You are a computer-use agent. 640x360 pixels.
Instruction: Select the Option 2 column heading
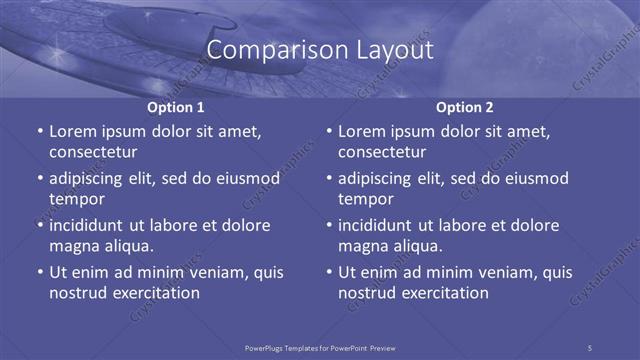pyautogui.click(x=465, y=107)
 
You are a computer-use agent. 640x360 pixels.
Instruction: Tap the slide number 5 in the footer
pyautogui.click(x=590, y=347)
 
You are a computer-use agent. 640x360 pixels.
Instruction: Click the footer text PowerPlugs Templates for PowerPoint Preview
pyautogui.click(x=320, y=347)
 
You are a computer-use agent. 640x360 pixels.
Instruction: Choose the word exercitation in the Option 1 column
pyautogui.click(x=155, y=293)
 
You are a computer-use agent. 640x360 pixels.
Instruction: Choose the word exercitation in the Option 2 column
pyautogui.click(x=444, y=293)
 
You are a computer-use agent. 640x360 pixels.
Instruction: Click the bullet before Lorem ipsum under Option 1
pyautogui.click(x=40, y=131)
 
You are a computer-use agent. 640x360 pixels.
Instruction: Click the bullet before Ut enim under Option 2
pyautogui.click(x=329, y=272)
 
